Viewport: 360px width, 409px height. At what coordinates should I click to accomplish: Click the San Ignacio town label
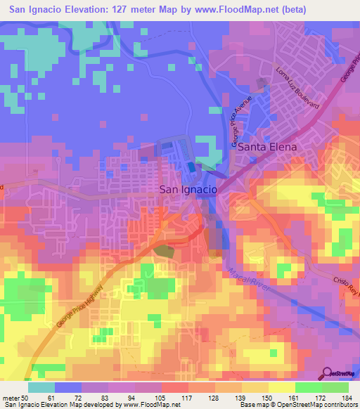click(x=188, y=190)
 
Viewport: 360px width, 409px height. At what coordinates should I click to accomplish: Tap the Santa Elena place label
click(x=266, y=148)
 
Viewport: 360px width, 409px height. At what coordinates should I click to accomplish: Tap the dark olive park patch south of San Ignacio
click(x=162, y=251)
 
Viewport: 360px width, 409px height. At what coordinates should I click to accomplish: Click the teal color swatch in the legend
click(x=41, y=387)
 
